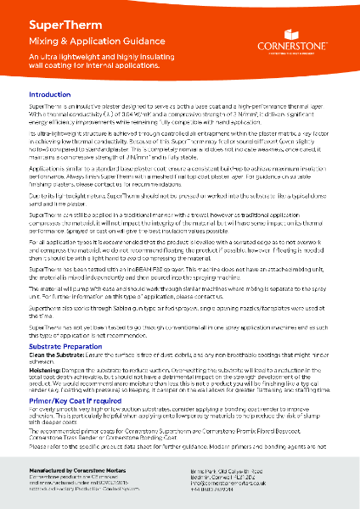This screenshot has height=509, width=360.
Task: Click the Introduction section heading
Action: coord(56,94)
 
